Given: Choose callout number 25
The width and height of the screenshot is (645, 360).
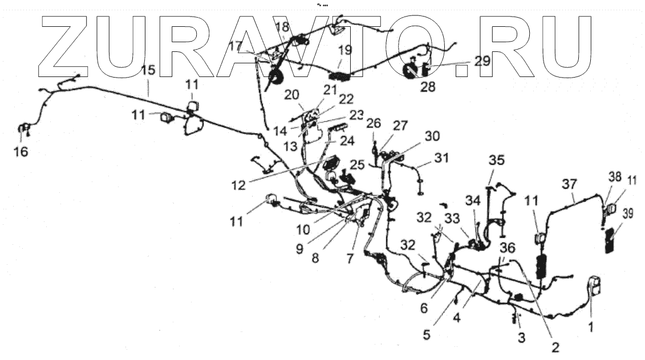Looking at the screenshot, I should pyautogui.click(x=357, y=165).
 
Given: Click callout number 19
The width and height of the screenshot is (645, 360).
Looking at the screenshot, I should pyautogui.click(x=344, y=50).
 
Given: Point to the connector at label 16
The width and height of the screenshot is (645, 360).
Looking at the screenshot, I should pyautogui.click(x=24, y=130).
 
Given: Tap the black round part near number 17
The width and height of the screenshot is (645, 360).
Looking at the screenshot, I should pyautogui.click(x=277, y=76).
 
